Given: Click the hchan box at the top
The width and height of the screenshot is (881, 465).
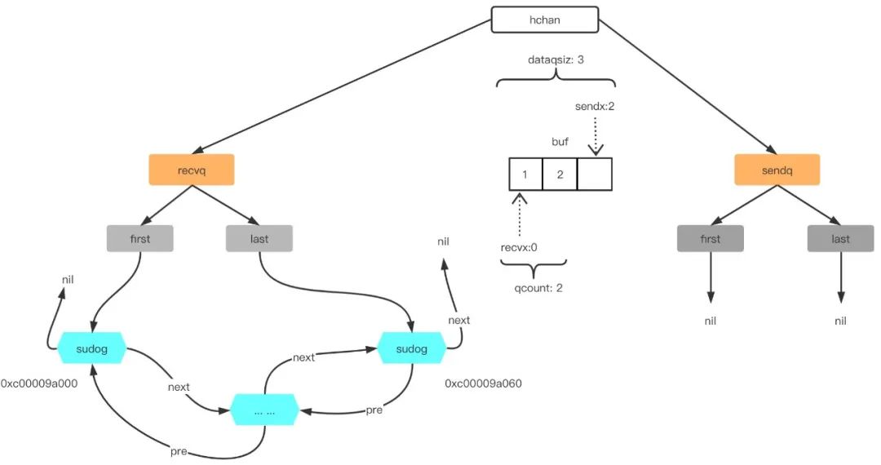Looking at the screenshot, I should (545, 20).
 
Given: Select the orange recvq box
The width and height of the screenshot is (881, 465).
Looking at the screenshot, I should (192, 169).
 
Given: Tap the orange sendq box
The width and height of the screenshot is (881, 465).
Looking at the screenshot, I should (777, 169).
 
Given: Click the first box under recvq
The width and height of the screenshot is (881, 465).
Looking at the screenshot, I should (139, 238).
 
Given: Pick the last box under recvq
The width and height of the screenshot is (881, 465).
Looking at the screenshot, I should (259, 238).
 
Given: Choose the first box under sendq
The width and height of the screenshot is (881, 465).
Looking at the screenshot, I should (710, 238).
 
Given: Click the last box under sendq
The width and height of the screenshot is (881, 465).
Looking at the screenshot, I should (840, 238).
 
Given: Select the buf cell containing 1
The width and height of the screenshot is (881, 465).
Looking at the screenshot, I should (525, 175).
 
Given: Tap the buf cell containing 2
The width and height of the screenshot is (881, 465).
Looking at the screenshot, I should (560, 175).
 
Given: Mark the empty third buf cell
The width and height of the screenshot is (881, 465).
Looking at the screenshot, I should (594, 175).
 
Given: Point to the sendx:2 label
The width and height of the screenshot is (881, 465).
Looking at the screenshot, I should (595, 107).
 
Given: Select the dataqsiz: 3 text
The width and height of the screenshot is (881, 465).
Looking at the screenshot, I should (556, 60).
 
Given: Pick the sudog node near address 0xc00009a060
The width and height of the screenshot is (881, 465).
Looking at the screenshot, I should (411, 349).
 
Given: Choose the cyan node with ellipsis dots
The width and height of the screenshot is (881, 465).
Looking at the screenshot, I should (263, 410).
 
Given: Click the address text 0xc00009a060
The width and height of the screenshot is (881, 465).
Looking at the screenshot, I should (483, 383).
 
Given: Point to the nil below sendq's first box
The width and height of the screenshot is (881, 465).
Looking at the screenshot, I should (710, 321).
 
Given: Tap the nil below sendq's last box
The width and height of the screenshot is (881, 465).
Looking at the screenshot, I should (840, 321).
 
